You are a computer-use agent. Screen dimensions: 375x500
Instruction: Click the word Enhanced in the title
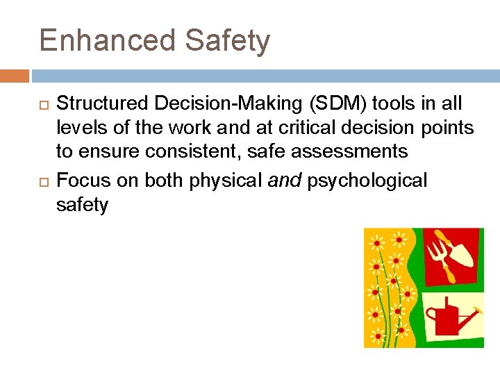pos(108,40)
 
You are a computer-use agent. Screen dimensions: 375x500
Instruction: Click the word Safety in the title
pos(227,42)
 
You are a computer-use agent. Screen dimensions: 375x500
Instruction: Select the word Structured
pos(103,104)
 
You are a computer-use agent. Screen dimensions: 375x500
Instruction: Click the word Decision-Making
pos(226,104)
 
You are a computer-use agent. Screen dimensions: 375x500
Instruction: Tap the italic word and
pos(285,181)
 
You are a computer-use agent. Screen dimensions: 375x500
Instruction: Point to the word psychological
pos(367,181)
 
